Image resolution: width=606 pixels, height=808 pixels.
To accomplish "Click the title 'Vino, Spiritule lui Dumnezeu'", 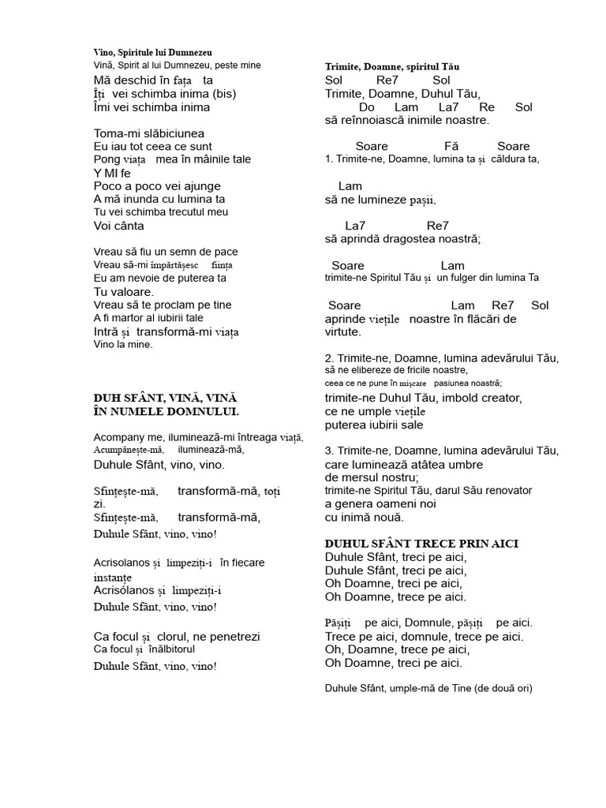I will [152, 51].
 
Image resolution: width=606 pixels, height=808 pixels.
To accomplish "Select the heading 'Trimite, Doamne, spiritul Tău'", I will [392, 67].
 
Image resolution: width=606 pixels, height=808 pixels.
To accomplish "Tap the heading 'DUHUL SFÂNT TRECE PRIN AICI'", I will [421, 544].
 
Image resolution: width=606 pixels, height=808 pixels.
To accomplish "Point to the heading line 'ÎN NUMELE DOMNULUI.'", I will [166, 411].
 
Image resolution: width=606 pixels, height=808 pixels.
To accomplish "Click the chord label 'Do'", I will [366, 107].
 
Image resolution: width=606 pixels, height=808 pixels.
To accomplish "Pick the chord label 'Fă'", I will [451, 146].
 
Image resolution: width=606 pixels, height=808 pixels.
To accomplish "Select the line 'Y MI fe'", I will [112, 173].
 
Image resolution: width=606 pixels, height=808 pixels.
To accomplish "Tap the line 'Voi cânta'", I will [118, 226].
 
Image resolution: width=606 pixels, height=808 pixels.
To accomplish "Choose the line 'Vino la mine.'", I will [122, 344].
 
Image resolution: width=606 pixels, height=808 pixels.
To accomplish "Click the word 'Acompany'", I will [119, 437].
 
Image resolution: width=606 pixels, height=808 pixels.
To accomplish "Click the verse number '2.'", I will [329, 358].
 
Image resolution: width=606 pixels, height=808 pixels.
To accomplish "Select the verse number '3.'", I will [329, 451].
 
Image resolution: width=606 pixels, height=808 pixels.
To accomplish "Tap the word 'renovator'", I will [504, 490].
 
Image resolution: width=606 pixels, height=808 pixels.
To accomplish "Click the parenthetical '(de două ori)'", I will [504, 688].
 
